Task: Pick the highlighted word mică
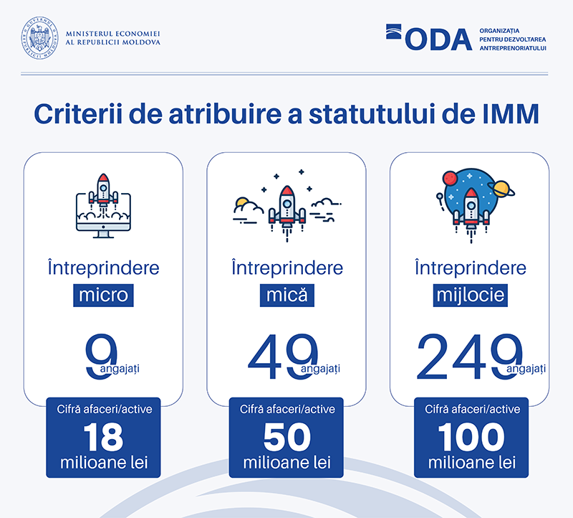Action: pos(286,295)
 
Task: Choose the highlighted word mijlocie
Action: pos(470,295)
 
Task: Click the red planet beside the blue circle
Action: pos(451,176)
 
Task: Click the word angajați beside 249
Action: pos(528,369)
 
